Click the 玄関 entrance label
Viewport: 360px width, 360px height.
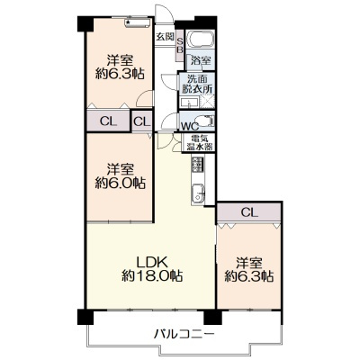click(x=165, y=37)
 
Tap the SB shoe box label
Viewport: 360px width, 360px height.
click(x=179, y=46)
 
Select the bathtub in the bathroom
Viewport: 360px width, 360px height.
click(x=200, y=39)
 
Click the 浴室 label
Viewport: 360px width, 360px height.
click(x=201, y=61)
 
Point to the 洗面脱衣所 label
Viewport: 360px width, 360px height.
click(x=197, y=84)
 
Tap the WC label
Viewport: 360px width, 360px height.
click(x=190, y=126)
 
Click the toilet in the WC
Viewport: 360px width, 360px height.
click(x=206, y=121)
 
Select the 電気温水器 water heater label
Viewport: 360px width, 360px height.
click(x=199, y=143)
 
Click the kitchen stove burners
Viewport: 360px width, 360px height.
click(x=197, y=165)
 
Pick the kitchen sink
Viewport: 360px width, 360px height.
click(x=198, y=193)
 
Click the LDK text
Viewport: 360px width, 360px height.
click(x=152, y=263)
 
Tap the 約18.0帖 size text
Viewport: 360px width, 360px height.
click(x=152, y=275)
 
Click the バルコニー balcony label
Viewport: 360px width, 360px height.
click(x=184, y=334)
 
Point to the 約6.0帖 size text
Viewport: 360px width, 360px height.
click(x=121, y=183)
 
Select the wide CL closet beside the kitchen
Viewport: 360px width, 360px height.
click(x=249, y=212)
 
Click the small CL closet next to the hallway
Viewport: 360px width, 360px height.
click(x=141, y=121)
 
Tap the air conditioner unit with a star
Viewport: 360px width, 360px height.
click(x=137, y=22)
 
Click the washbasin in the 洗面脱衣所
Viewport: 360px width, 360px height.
click(x=189, y=103)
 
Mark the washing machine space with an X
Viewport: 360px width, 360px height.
click(x=207, y=101)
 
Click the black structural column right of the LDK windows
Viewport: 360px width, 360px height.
click(x=212, y=317)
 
